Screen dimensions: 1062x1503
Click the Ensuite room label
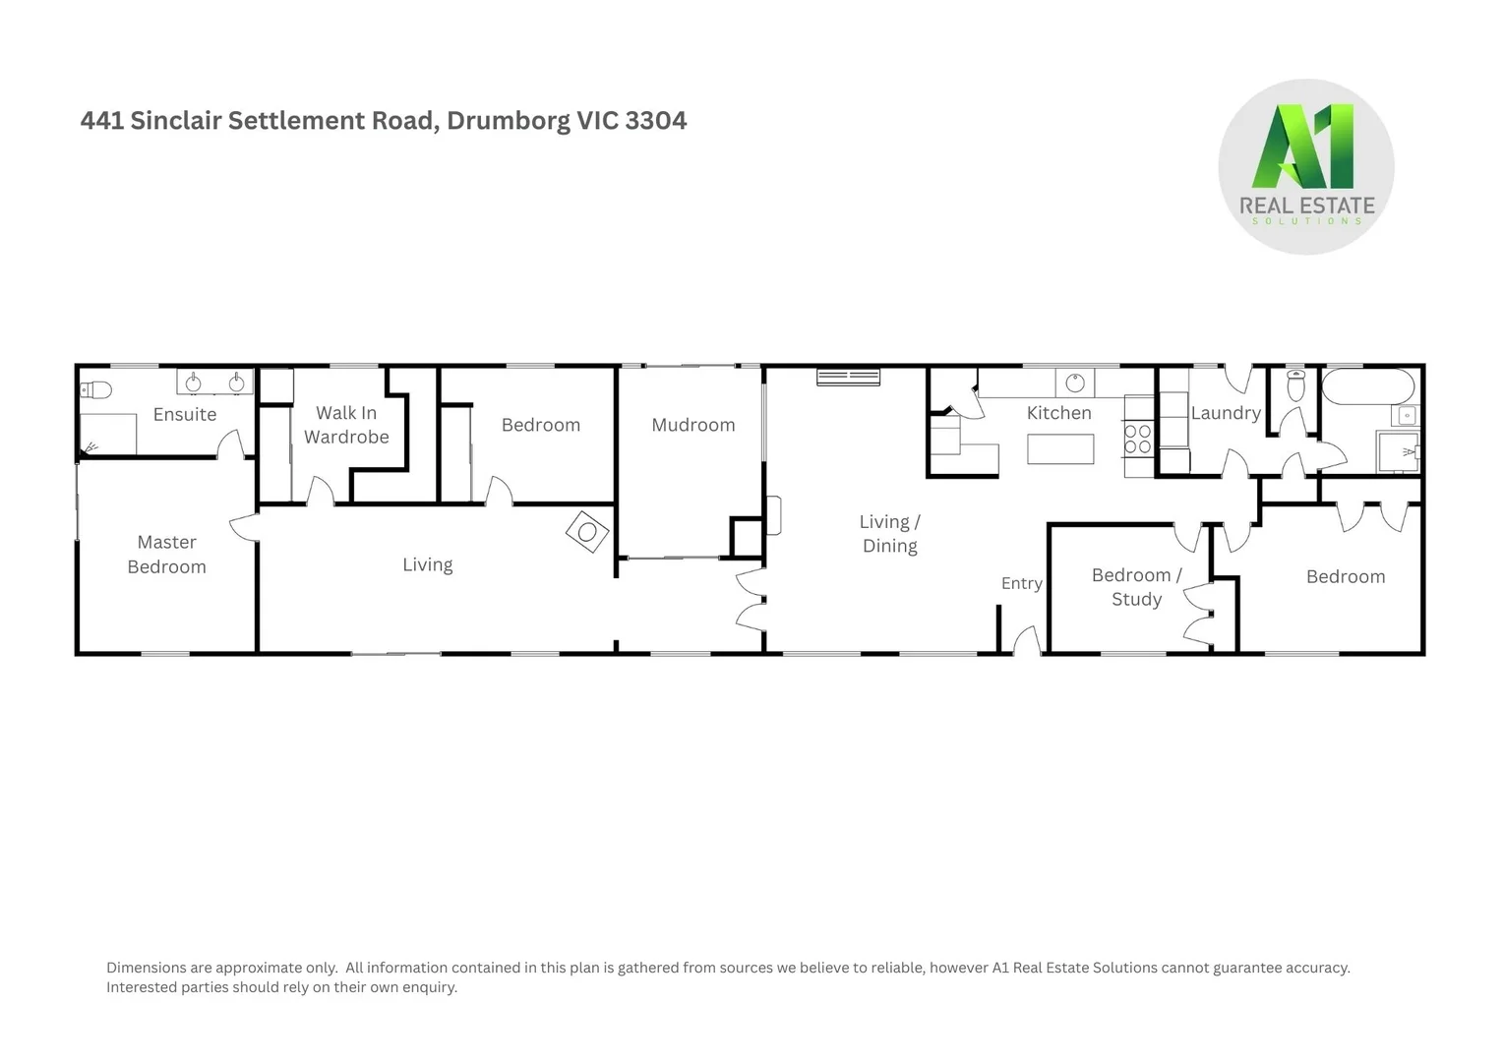pos(185,414)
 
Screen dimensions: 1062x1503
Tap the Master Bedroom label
pos(167,555)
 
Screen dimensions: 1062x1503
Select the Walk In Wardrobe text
pos(346,425)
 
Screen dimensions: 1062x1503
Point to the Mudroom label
pos(693,425)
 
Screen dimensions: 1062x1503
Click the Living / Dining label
pos(890,534)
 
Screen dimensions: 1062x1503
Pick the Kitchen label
pos(1059,413)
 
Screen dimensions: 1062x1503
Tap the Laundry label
pos(1226,413)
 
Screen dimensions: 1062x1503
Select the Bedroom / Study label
pos(1137,587)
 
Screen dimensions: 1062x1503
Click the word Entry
pos(1022,583)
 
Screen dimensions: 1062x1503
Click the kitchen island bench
pos(1060,448)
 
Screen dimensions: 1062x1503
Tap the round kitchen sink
pos(1075,382)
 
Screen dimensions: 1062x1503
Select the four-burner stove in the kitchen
pos(1138,439)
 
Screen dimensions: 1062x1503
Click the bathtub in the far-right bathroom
pos(1368,386)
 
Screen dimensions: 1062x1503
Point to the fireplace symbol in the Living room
pos(587,532)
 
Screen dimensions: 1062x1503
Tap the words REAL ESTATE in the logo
pos(1306,206)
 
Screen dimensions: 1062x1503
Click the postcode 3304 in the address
pos(656,121)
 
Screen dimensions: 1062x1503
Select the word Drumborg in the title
pos(508,121)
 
